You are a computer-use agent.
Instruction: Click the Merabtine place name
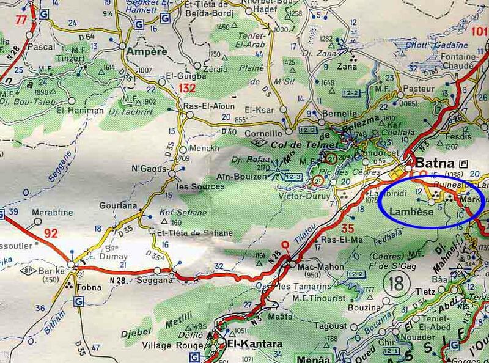[53, 213]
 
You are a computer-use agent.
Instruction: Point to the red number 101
[480, 31]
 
